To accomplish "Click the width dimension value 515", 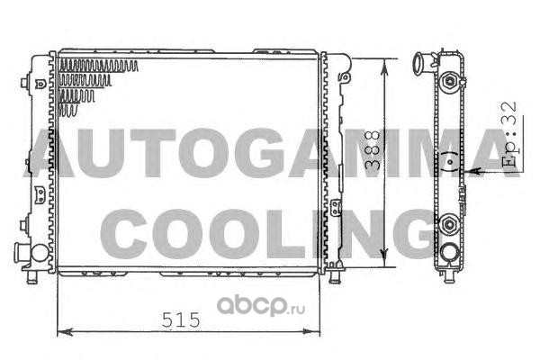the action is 181,320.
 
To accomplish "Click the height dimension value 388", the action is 373,150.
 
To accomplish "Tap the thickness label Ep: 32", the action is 509,134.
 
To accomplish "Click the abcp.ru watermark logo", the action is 261,306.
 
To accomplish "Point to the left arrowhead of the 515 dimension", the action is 65,332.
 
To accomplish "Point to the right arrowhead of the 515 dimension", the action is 311,332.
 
